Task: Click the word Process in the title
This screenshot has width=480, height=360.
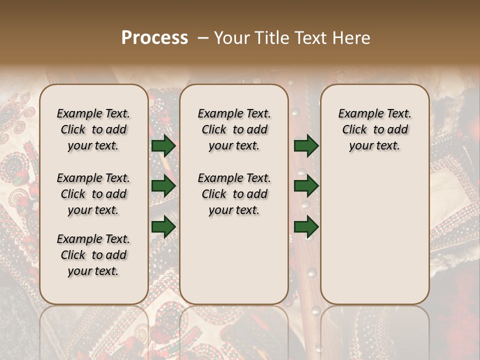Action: click(x=154, y=37)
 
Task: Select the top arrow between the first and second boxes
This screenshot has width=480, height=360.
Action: click(x=163, y=145)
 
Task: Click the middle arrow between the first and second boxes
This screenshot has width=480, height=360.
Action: click(x=163, y=186)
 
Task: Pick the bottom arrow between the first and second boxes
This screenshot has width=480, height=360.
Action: click(x=163, y=226)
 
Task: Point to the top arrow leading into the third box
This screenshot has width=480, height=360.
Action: click(x=306, y=145)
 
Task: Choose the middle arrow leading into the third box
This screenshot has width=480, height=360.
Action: click(x=306, y=186)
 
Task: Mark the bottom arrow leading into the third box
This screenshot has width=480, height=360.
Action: click(x=306, y=226)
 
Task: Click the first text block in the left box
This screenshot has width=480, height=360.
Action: click(x=93, y=129)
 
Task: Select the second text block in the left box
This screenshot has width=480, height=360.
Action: click(x=93, y=194)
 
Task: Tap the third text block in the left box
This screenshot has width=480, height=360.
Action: click(x=93, y=255)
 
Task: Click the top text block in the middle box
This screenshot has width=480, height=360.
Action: click(x=234, y=129)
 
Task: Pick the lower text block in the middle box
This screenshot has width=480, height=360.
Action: click(x=234, y=194)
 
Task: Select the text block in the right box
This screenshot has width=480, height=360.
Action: click(x=374, y=129)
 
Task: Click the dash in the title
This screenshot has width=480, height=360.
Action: click(x=203, y=38)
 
